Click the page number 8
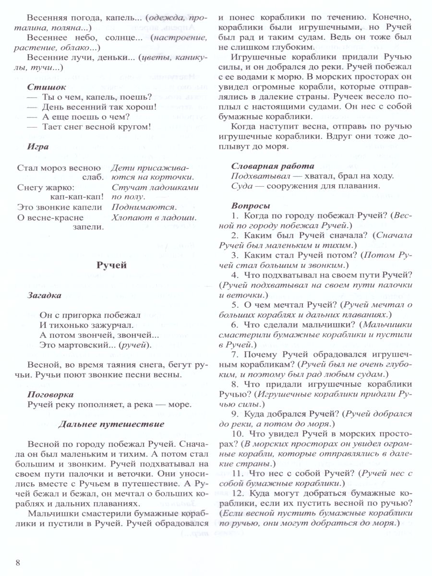pyautogui.click(x=18, y=563)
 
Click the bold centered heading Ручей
pyautogui.click(x=111, y=265)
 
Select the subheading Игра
pyautogui.click(x=38, y=147)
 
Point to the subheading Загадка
pyautogui.click(x=44, y=295)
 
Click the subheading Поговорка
pyautogui.click(x=50, y=394)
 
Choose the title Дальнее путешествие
pyautogui.click(x=111, y=424)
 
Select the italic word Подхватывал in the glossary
pyautogui.click(x=256, y=176)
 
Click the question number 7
pyautogui.click(x=235, y=355)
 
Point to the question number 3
pyautogui.click(x=235, y=255)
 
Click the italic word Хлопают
pyautogui.click(x=130, y=217)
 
